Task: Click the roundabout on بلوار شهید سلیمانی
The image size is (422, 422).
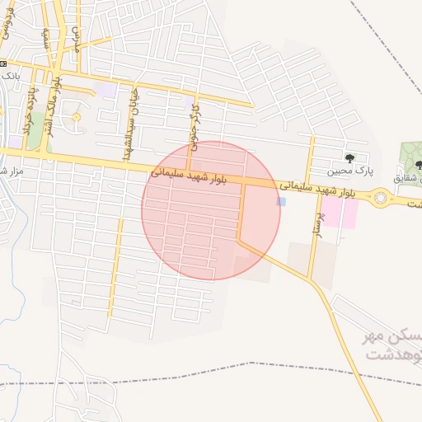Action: (x=380, y=197)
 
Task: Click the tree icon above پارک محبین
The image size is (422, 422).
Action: (x=349, y=157)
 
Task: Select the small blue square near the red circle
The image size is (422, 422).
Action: (x=282, y=201)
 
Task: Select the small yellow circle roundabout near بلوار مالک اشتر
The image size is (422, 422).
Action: (x=77, y=117)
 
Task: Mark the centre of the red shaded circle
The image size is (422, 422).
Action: (x=211, y=210)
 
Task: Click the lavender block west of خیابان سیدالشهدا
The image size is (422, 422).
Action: (x=105, y=88)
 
